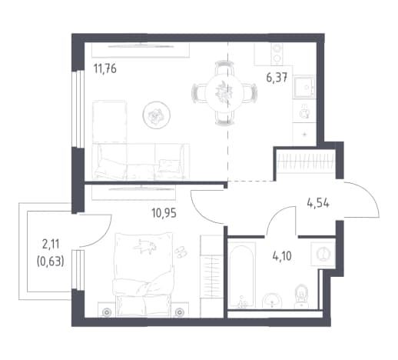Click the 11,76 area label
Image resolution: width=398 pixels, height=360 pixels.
pyautogui.click(x=105, y=68)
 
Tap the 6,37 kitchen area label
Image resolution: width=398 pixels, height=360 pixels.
pyautogui.click(x=277, y=77)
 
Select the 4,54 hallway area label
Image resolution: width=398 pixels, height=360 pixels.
pyautogui.click(x=318, y=204)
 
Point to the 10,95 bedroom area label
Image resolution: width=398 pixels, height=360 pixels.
pyautogui.click(x=164, y=213)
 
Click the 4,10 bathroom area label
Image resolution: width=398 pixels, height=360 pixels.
pyautogui.click(x=282, y=256)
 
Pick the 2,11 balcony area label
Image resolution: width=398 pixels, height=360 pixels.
pyautogui.click(x=51, y=245)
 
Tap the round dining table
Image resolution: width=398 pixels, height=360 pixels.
pyautogui.click(x=224, y=93)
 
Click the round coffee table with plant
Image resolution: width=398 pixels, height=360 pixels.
pyautogui.click(x=157, y=115)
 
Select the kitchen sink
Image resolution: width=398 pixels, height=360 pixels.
pyautogui.click(x=304, y=87)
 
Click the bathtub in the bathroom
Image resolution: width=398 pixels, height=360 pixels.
pyautogui.click(x=241, y=275)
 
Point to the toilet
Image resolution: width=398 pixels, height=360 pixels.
pyautogui.click(x=301, y=296)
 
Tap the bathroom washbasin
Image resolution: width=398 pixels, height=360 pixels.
pyautogui.click(x=272, y=301)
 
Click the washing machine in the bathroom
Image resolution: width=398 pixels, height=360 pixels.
pyautogui.click(x=323, y=254)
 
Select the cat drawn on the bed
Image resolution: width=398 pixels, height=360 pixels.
pyautogui.click(x=144, y=246)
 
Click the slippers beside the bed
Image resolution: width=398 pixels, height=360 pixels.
pyautogui.click(x=181, y=252)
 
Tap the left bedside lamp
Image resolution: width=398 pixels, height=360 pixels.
pyautogui.click(x=106, y=312)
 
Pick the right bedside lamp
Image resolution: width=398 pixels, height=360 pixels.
pyautogui.click(x=180, y=312)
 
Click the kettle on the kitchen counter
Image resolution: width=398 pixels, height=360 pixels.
pyautogui.click(x=304, y=112)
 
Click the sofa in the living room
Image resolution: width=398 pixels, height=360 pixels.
pyautogui.click(x=141, y=162)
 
